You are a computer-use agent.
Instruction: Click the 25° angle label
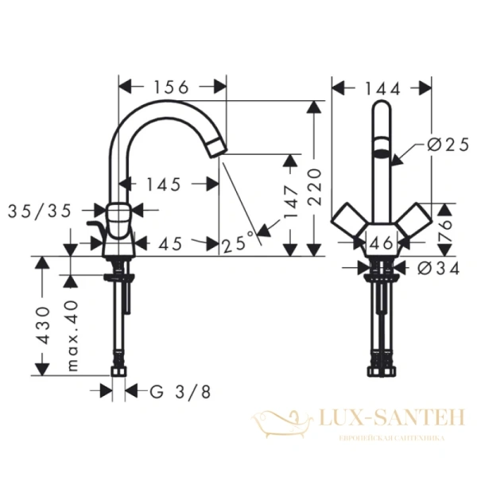(x=240, y=241)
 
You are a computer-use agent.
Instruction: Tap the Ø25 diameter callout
(x=443, y=145)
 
